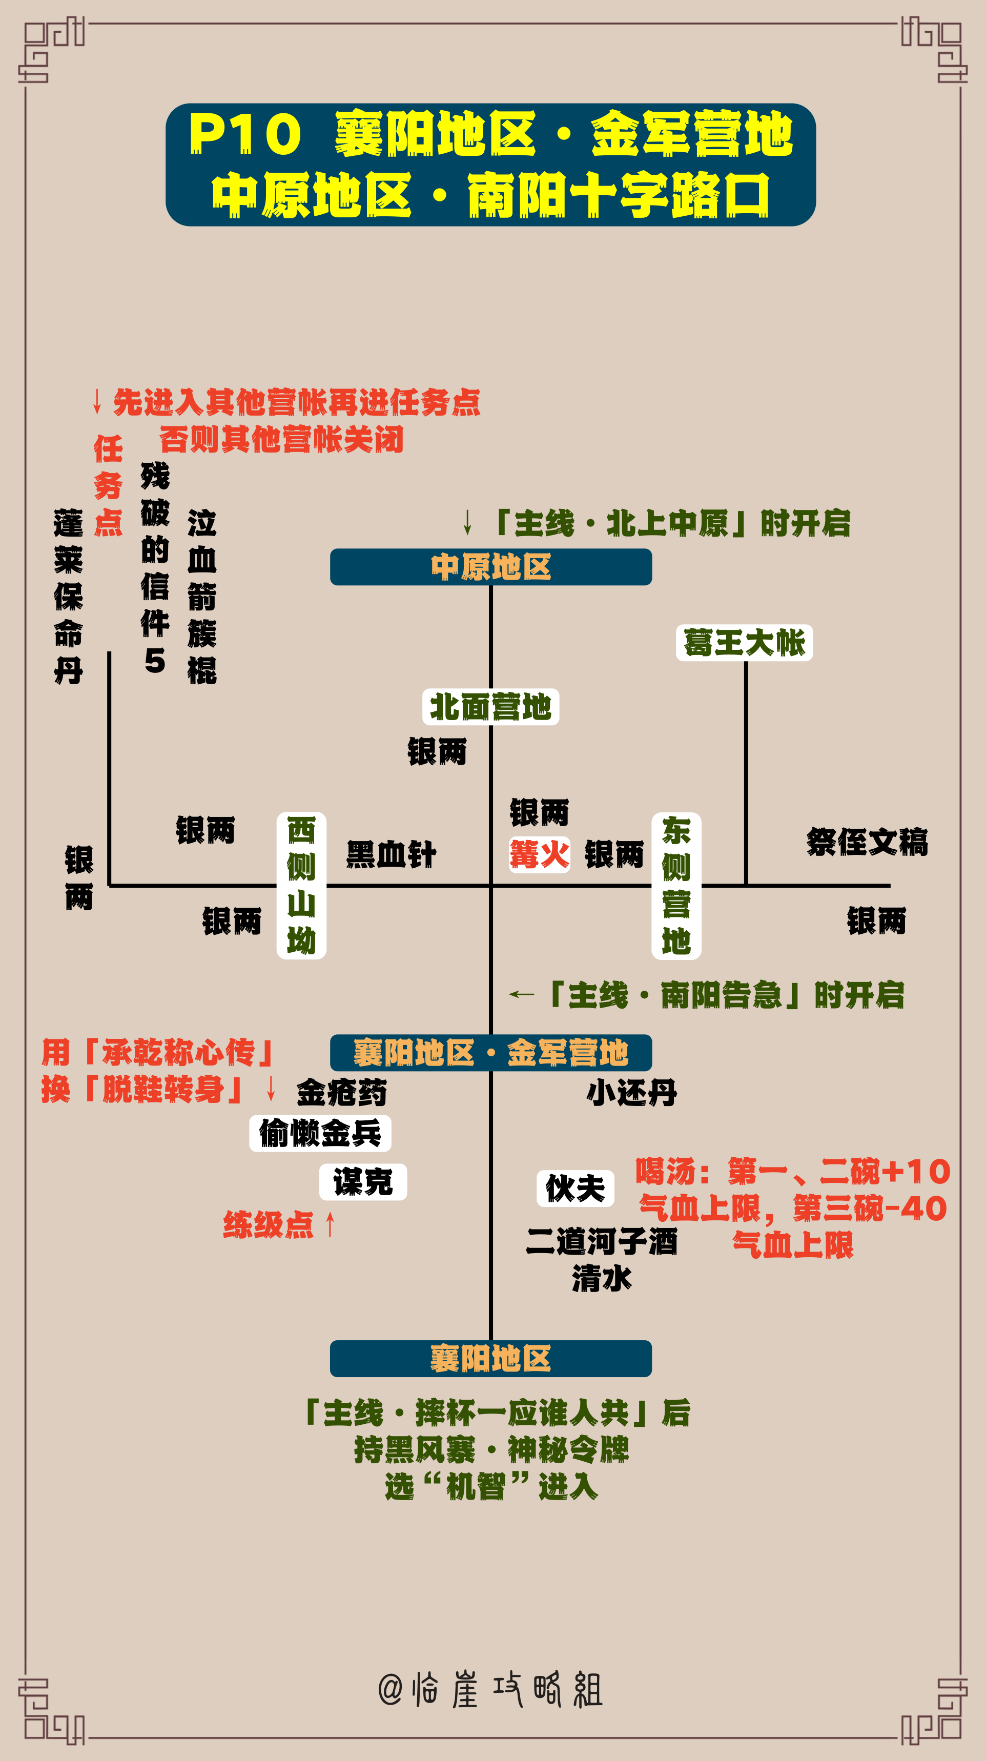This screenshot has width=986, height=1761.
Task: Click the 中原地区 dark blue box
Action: (x=491, y=567)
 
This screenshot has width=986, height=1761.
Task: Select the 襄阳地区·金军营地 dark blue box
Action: (x=491, y=1053)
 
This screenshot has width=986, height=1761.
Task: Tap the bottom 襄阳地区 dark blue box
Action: (x=491, y=1358)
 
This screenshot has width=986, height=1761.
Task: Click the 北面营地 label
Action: (x=491, y=707)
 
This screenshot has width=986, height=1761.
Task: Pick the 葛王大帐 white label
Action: (x=745, y=643)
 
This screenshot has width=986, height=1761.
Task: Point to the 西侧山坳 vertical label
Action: (x=301, y=885)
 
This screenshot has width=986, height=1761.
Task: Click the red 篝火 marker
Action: (x=540, y=854)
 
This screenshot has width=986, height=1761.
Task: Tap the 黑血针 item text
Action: (x=391, y=854)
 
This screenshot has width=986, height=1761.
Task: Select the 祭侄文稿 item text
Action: (x=867, y=842)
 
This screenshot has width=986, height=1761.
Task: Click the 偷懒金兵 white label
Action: (x=320, y=1134)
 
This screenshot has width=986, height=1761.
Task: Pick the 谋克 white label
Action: (x=363, y=1182)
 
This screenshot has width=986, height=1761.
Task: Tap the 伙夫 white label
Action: (x=576, y=1188)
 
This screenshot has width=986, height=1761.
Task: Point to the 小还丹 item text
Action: (x=632, y=1092)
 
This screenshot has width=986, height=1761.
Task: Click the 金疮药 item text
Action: (x=342, y=1092)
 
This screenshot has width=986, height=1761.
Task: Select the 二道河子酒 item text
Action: (x=602, y=1241)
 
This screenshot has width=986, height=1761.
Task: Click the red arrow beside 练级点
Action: (x=330, y=1224)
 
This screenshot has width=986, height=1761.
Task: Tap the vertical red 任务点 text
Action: (x=108, y=485)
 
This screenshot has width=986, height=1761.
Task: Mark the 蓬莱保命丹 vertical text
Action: (x=68, y=597)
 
